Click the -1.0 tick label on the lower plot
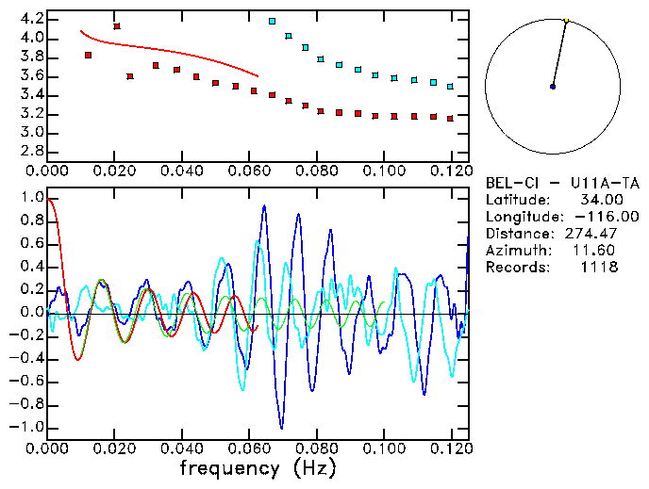[28, 427]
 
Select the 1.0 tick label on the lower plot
[31, 198]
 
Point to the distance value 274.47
[594, 234]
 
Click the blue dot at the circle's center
[553, 87]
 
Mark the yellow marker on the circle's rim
[566, 20]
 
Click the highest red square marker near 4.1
[117, 26]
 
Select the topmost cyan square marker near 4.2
[273, 21]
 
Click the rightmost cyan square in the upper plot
[451, 86]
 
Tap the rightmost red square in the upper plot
[451, 119]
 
